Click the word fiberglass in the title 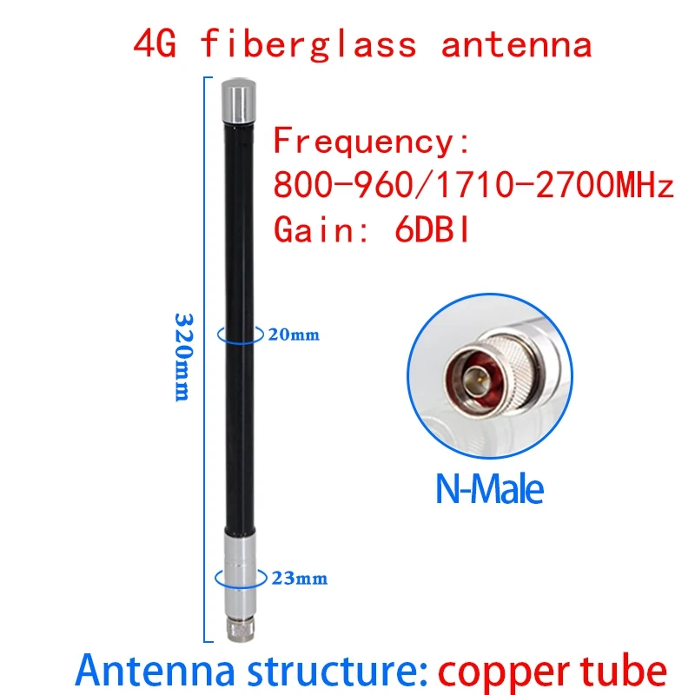coord(308,43)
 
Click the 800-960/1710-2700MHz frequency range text coord(473,186)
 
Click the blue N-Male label coord(489,489)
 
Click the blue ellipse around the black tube coord(239,334)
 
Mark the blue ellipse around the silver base coord(239,577)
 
